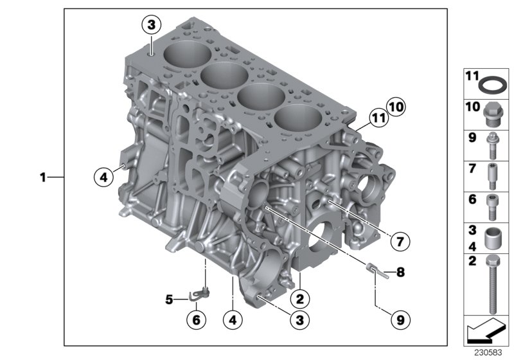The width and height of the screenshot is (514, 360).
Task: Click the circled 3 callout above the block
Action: (x=151, y=26)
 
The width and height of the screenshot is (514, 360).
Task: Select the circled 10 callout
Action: (x=397, y=106)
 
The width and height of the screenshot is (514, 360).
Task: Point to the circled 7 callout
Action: (x=398, y=242)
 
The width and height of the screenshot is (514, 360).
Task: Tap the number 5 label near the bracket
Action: (x=170, y=299)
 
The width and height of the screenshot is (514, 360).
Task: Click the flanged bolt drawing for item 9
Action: (x=493, y=145)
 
